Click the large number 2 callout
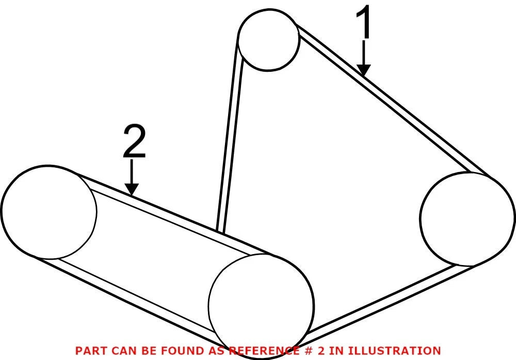134,142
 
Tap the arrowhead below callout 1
364,70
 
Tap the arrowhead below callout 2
132,190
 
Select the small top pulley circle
238,40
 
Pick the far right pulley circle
421,218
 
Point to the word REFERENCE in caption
262,351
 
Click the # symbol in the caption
305,351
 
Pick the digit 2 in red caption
320,351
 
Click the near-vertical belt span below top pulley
229,135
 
